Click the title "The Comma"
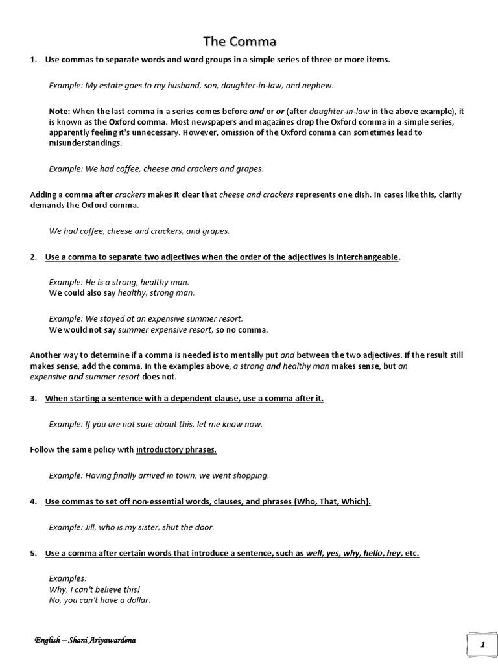point(240,42)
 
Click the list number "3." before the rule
point(34,399)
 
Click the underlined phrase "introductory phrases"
point(176,449)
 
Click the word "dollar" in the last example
point(136,600)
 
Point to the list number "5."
point(34,553)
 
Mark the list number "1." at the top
point(34,60)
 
